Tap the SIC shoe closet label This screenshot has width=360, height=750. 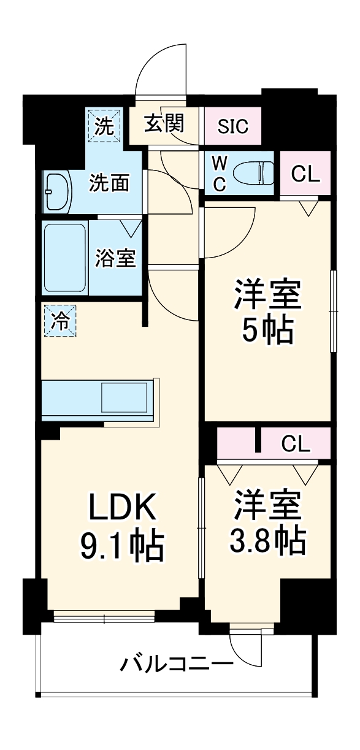[233, 126]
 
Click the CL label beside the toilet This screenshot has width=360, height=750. [305, 174]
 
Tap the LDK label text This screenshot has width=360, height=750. [120, 508]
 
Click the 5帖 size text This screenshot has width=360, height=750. [267, 331]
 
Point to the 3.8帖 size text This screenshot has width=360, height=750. [267, 540]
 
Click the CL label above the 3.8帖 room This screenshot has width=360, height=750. [296, 443]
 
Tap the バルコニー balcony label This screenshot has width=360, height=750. [177, 664]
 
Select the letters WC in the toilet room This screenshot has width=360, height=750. [219, 173]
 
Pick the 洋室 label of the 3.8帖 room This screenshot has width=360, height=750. [267, 505]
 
